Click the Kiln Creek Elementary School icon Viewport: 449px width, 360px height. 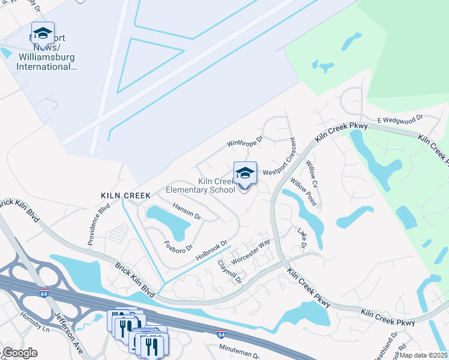coord(245,174)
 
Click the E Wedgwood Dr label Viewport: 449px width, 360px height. coord(400,119)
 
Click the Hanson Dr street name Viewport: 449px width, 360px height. coord(186,211)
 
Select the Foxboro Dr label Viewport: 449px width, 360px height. coord(178,247)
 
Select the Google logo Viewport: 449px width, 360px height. coord(20,353)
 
